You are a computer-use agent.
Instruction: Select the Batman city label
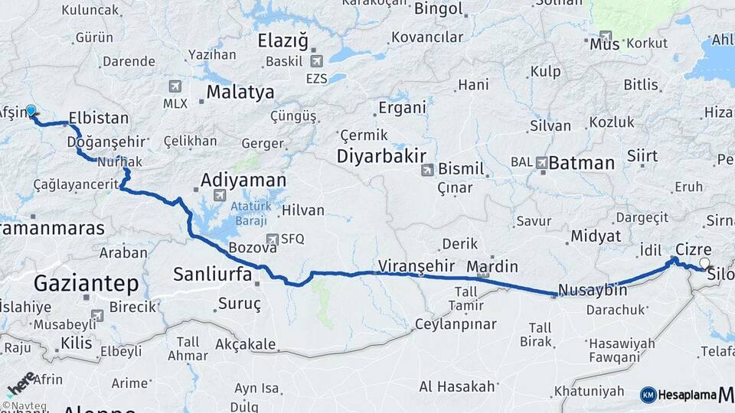coord(583,162)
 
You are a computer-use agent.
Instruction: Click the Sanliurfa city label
coord(213,274)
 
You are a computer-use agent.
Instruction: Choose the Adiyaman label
coord(243,180)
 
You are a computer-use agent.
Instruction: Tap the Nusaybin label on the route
coord(593,291)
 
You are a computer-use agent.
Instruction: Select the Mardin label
coord(492,267)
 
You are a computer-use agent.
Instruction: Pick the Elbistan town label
coord(99,119)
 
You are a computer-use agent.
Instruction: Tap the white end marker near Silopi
coord(705,263)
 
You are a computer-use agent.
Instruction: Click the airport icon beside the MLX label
coord(177,86)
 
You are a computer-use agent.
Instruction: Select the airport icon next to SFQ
coord(272,239)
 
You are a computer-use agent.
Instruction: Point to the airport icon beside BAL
coord(542,162)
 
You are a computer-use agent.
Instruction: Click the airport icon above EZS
coord(317,61)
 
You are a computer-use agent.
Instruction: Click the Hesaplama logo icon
coord(648,395)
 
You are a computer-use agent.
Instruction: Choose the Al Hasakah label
coord(457,387)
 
